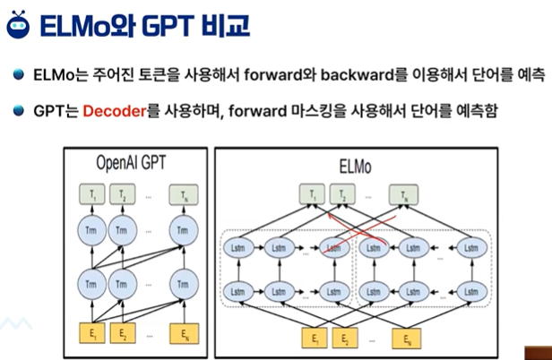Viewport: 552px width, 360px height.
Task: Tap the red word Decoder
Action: [114, 111]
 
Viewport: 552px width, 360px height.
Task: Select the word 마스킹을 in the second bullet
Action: [336, 111]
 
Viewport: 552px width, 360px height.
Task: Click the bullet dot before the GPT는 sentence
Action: [18, 111]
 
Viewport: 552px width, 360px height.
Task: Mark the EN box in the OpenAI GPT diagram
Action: [184, 335]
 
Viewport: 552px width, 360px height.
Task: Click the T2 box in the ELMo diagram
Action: [341, 193]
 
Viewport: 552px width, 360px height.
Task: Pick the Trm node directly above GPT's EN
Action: [184, 286]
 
